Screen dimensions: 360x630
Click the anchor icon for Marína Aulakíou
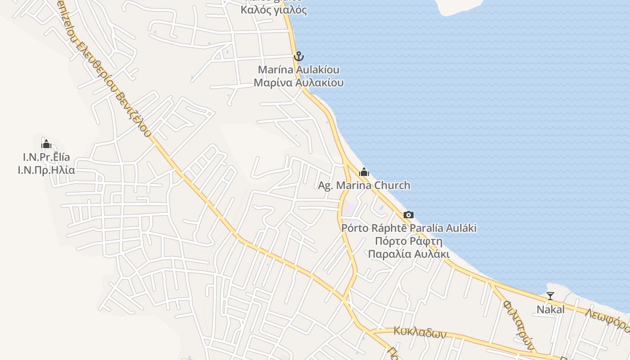pyautogui.click(x=298, y=57)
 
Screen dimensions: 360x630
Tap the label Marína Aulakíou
pyautogui.click(x=298, y=70)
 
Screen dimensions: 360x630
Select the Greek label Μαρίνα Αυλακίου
pyautogui.click(x=298, y=83)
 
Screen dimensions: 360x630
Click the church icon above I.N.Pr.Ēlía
pyautogui.click(x=46, y=144)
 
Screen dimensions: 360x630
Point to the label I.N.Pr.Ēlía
pyautogui.click(x=46, y=157)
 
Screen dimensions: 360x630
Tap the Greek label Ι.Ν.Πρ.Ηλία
pyautogui.click(x=46, y=171)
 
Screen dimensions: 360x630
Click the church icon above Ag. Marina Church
pyautogui.click(x=364, y=172)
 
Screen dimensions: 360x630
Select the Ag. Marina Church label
pyautogui.click(x=364, y=185)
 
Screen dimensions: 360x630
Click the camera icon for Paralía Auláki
pyautogui.click(x=409, y=215)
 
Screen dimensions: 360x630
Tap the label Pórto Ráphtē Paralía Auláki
pyautogui.click(x=409, y=228)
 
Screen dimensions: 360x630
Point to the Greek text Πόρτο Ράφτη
pyautogui.click(x=409, y=241)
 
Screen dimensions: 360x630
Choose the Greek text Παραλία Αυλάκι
pyautogui.click(x=409, y=254)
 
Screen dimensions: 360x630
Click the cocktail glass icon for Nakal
pyautogui.click(x=550, y=296)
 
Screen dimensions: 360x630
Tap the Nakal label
pyautogui.click(x=550, y=309)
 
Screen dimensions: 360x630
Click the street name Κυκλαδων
pyautogui.click(x=419, y=333)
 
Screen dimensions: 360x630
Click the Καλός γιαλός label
pyautogui.click(x=274, y=10)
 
